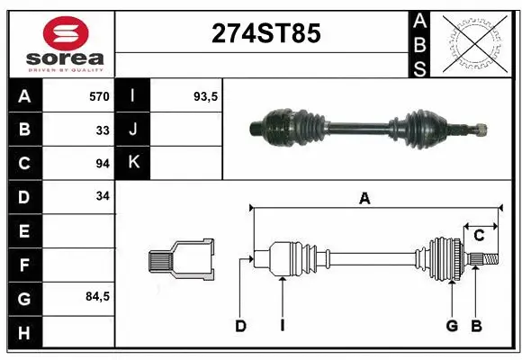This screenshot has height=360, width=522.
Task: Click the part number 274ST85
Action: (x=265, y=34)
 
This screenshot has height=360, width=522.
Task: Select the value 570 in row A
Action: (x=99, y=96)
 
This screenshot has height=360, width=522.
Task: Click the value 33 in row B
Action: (x=103, y=130)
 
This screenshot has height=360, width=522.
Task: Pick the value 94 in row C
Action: (x=103, y=163)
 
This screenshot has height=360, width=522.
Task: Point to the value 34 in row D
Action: (x=103, y=195)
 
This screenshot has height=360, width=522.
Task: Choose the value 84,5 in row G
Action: (x=97, y=296)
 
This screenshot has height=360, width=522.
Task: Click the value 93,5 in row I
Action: (x=206, y=96)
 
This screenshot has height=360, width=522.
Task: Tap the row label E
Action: (x=23, y=232)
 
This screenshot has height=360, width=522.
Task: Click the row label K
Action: (x=133, y=163)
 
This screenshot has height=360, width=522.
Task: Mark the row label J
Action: (x=133, y=130)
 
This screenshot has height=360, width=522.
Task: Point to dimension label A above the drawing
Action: (x=364, y=199)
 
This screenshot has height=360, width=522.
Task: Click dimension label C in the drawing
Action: (x=479, y=235)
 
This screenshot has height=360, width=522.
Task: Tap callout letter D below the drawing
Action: (x=240, y=326)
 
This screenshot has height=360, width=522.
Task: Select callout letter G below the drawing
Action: (x=452, y=326)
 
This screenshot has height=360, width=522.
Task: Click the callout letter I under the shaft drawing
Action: (x=282, y=326)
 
